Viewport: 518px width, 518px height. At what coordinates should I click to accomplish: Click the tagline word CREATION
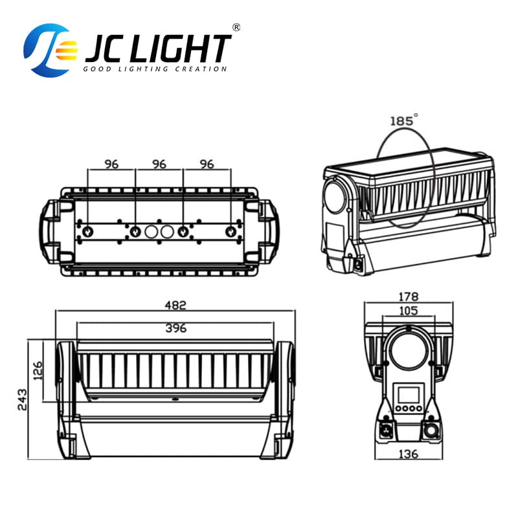[x=201, y=69]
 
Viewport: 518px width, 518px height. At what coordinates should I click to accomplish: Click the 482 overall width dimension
[x=175, y=304]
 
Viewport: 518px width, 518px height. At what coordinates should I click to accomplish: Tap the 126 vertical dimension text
[x=38, y=372]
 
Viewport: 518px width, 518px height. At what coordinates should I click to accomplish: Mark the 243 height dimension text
[x=21, y=400]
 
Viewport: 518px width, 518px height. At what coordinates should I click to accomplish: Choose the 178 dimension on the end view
[x=408, y=298]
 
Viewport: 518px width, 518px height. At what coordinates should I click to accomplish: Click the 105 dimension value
[x=408, y=311]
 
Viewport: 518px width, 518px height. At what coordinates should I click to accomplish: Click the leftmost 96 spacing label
[x=111, y=164]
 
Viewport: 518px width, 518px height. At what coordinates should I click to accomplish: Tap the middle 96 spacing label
[x=159, y=164]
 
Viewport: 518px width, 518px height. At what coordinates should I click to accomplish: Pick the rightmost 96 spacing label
[x=207, y=164]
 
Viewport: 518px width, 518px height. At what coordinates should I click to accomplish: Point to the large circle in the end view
[x=408, y=350]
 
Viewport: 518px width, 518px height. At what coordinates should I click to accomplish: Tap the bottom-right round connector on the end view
[x=430, y=431]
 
